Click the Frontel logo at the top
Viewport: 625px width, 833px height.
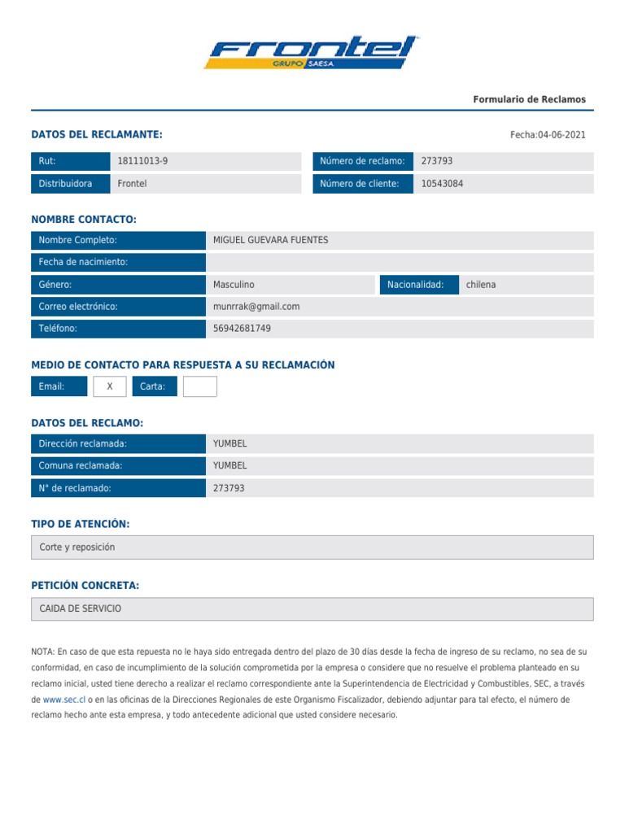point(312,52)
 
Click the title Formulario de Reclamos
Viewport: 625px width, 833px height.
point(529,99)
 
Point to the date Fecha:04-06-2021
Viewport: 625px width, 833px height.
point(547,135)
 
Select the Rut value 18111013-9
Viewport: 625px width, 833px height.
point(142,161)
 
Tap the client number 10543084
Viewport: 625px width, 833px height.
point(442,184)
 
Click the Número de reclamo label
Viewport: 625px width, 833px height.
point(362,161)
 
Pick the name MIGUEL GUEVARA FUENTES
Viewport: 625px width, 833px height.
point(270,240)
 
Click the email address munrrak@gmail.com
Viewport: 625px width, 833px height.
point(256,307)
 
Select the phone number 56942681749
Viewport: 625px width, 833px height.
point(242,329)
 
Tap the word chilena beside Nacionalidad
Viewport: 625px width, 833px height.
point(480,285)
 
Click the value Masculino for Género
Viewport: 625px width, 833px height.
point(234,285)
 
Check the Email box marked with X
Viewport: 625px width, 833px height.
point(110,386)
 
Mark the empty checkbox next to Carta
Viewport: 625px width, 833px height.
point(199,386)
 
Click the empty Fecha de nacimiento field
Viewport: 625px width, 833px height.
point(400,262)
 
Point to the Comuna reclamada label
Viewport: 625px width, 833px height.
point(81,465)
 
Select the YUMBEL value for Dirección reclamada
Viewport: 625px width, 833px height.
point(229,443)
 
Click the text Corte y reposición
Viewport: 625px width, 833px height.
point(77,547)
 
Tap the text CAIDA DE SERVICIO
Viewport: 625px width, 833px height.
point(80,608)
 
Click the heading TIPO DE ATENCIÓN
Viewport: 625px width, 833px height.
point(81,524)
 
